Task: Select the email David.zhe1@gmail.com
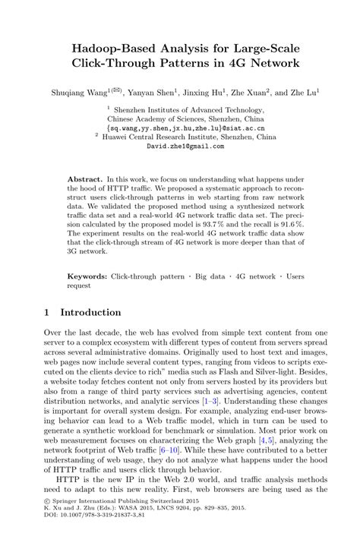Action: [x=180, y=146]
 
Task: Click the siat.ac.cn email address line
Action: [x=179, y=129]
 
